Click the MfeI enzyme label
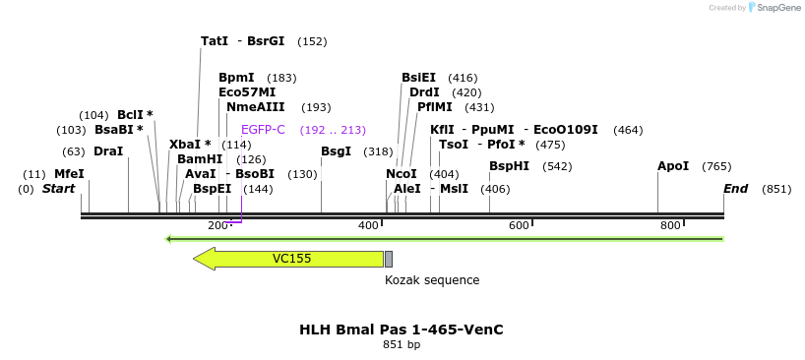pos(69,174)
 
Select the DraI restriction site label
pos(108,151)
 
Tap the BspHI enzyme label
pos(509,166)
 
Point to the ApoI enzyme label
pos(673,166)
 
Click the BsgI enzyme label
pos(336,151)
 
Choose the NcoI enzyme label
pos(402,174)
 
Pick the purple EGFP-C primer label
pos(263,129)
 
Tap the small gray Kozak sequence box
pos(389,259)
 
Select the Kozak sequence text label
pos(432,280)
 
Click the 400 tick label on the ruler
pos(369,226)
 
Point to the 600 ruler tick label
pos(520,226)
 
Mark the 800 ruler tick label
pos(671,226)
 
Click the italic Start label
pos(58,189)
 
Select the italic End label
pos(735,189)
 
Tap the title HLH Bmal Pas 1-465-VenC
pos(402,330)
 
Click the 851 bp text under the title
pos(402,345)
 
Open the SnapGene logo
pos(774,8)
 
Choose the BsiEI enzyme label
pos(418,78)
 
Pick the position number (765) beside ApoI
pos(716,166)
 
